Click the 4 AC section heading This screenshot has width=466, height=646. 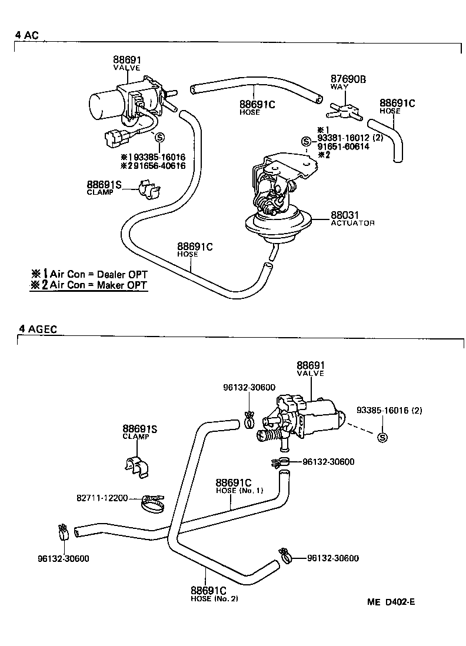[26, 35]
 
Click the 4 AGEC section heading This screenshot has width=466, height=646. [37, 329]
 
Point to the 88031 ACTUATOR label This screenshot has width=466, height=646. [352, 219]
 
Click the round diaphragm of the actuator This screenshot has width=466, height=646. [277, 227]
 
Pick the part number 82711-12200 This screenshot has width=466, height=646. [102, 498]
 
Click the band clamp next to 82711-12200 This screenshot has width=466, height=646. [154, 502]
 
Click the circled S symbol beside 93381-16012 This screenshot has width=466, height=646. [305, 141]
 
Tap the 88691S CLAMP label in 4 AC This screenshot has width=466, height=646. [104, 188]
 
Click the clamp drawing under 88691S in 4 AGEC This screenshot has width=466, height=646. [137, 465]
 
